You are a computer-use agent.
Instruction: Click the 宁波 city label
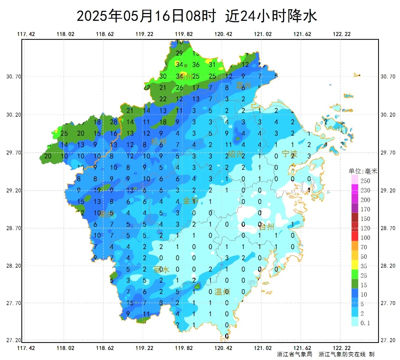(290, 153)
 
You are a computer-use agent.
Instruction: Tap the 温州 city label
(222, 292)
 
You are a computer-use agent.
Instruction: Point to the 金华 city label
(191, 201)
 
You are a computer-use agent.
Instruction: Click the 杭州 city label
(159, 141)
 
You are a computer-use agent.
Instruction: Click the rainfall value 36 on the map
(196, 65)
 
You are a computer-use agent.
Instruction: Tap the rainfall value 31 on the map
(212, 65)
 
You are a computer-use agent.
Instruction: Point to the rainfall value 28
(114, 122)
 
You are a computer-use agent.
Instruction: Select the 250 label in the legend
(366, 181)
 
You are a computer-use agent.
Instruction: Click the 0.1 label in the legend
(365, 323)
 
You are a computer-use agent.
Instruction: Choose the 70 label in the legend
(365, 247)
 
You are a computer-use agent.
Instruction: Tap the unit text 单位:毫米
(363, 171)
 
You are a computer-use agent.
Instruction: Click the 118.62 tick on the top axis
(105, 34)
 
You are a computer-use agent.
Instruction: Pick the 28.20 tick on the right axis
(388, 266)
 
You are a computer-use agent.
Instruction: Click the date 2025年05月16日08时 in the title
(146, 16)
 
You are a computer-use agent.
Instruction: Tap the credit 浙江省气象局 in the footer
(294, 354)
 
